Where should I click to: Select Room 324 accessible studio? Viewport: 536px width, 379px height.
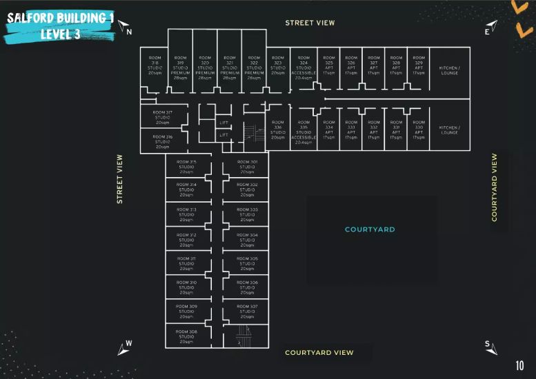point(304,68)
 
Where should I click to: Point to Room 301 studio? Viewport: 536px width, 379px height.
point(247,167)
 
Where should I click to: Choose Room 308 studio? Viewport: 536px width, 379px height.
point(186,336)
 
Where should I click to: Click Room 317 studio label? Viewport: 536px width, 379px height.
point(163,117)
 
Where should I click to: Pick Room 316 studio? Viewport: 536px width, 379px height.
point(163,141)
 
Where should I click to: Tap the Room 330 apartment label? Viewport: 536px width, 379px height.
point(419,130)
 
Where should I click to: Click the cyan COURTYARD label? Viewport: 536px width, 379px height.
point(370,229)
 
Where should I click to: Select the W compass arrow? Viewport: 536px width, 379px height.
point(124,347)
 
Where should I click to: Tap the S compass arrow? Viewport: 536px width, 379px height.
point(490,347)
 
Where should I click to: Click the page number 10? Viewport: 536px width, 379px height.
point(519,365)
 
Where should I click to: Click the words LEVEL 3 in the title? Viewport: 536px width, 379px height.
point(61,34)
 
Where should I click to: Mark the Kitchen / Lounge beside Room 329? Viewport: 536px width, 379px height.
point(449,70)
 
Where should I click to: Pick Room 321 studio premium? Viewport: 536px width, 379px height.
point(230,68)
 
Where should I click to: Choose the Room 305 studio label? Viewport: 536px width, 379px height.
point(247,263)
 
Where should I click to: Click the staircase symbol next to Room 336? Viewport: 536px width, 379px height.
point(253,132)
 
